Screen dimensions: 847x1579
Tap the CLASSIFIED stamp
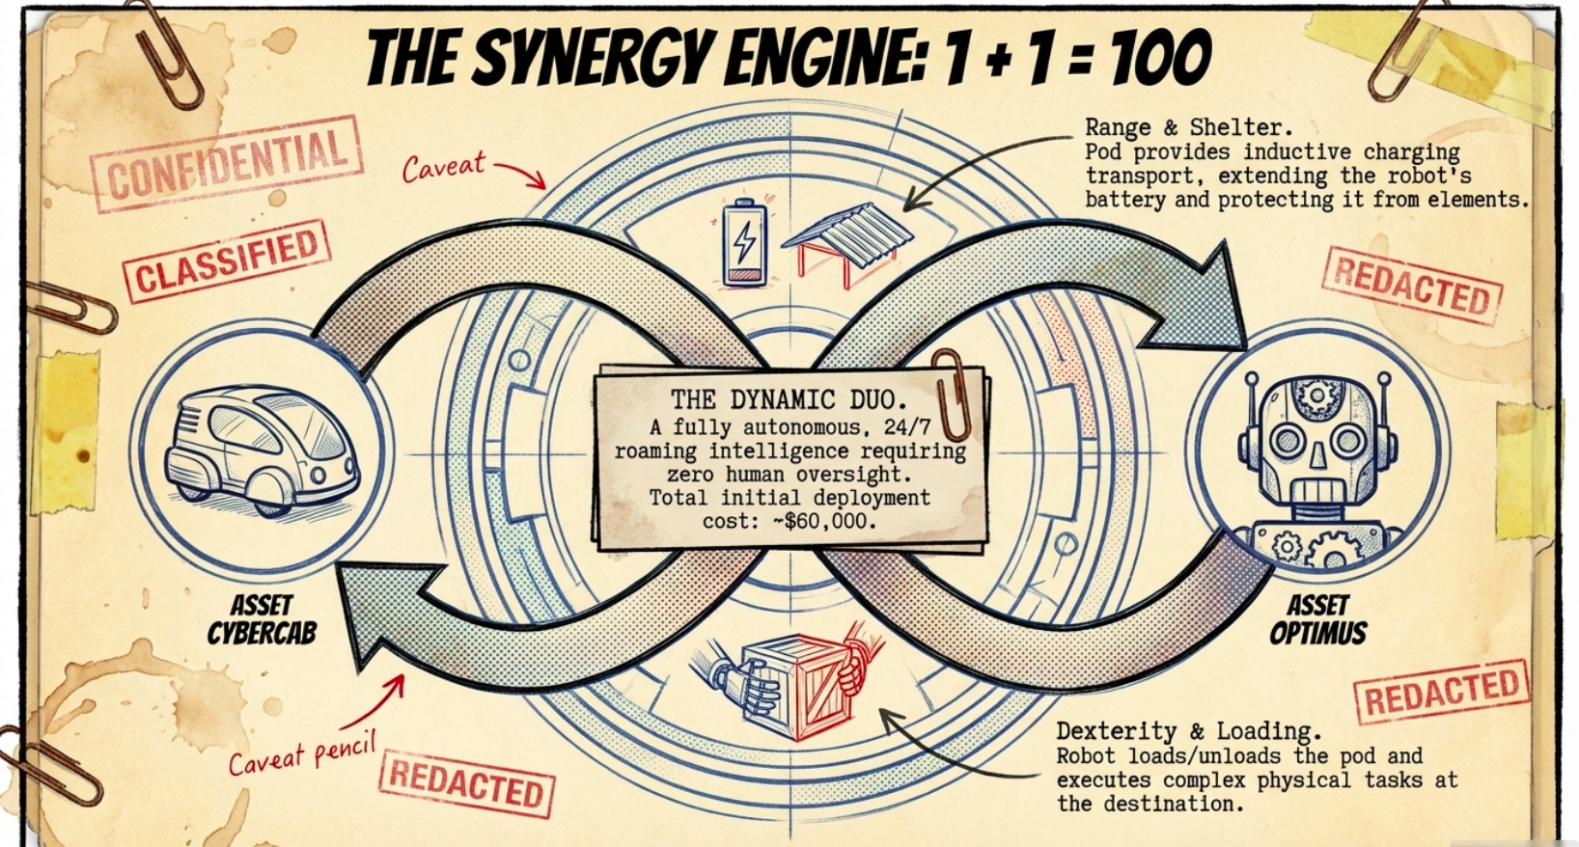click(228, 260)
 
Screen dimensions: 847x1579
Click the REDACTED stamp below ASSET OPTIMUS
click(1442, 691)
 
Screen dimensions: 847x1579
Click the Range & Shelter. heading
click(1188, 127)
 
